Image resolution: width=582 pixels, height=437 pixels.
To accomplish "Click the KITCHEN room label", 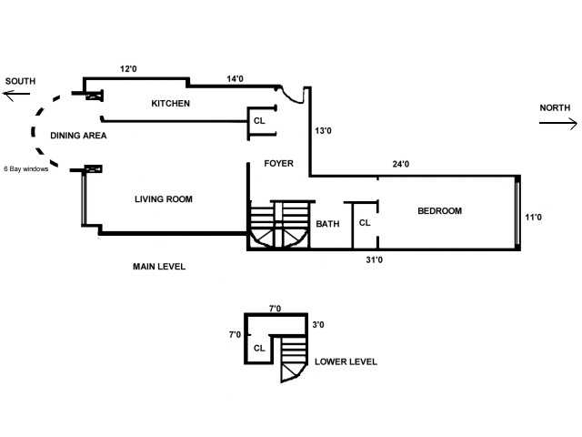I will (x=170, y=104).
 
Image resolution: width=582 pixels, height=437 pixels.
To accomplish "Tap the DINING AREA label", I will (x=80, y=136).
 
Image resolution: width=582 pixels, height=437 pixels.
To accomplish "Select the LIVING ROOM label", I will (x=164, y=199).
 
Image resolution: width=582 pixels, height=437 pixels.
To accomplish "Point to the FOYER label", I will (x=278, y=164).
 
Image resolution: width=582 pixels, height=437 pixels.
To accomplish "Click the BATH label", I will (x=327, y=223).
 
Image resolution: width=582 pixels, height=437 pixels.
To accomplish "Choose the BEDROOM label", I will (x=439, y=211).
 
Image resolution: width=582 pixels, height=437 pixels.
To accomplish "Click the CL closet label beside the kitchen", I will (x=259, y=120).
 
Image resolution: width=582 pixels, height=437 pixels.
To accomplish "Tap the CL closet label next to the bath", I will (x=365, y=222).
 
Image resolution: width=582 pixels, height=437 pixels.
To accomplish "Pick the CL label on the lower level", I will (x=259, y=347).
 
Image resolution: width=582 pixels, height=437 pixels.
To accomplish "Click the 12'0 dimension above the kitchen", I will (x=128, y=68).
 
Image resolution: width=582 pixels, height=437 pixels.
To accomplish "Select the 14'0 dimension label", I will (x=235, y=79).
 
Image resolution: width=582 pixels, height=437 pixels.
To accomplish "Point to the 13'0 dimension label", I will (x=323, y=131).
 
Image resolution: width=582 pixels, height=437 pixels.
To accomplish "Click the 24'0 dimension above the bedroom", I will (x=401, y=165).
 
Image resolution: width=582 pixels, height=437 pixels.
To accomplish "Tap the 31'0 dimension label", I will (x=374, y=260).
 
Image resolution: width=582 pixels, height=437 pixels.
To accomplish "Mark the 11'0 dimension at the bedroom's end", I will (x=534, y=217).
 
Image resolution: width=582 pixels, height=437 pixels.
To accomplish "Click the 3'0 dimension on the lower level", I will (x=318, y=324).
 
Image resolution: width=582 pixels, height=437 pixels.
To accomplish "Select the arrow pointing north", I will (x=557, y=122).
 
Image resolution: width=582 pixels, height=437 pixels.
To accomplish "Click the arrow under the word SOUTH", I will (x=20, y=96).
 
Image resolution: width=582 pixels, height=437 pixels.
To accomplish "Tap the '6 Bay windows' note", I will (x=26, y=168).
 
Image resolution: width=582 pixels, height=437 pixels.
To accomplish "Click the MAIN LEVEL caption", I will (x=159, y=267).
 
